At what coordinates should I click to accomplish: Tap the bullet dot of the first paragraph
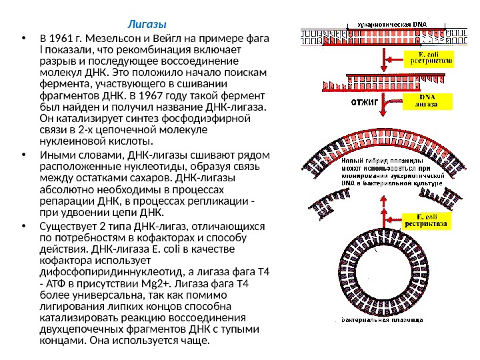point(24,38)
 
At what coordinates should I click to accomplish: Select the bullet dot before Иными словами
point(24,156)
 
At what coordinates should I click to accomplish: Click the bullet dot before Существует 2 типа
point(24,225)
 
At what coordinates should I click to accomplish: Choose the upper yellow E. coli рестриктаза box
point(429,58)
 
